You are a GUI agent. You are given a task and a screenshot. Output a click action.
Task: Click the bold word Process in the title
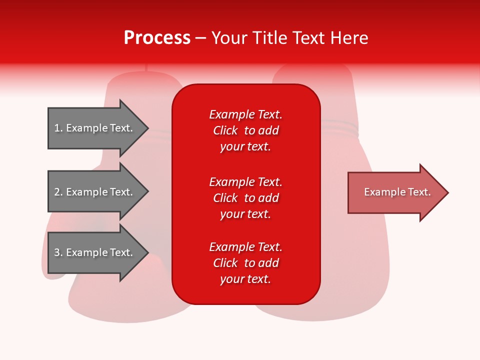(x=157, y=38)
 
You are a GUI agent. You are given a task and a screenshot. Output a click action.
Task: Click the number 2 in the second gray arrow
(x=57, y=192)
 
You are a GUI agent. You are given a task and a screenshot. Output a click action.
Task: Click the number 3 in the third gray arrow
(x=57, y=252)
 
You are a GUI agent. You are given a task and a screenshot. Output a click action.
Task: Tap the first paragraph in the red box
(x=245, y=130)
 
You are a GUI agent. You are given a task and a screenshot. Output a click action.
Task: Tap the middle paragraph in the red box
(x=245, y=197)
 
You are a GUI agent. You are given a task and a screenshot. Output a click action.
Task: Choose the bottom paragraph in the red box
(x=245, y=263)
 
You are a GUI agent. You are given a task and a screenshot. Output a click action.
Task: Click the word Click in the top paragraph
(x=225, y=130)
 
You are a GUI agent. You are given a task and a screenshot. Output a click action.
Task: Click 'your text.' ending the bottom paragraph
(x=245, y=279)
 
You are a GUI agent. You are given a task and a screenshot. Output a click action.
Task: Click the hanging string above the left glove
(x=146, y=68)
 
